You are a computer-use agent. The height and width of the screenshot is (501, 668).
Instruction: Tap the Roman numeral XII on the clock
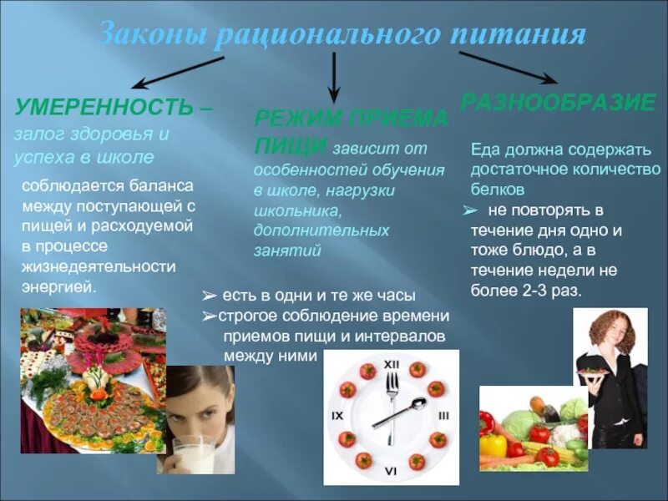(391, 364)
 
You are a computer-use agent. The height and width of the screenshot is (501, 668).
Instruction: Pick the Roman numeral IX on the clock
(337, 415)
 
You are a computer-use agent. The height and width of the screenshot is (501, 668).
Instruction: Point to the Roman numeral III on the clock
(443, 415)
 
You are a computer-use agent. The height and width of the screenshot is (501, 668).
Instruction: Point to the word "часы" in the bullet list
(395, 296)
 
